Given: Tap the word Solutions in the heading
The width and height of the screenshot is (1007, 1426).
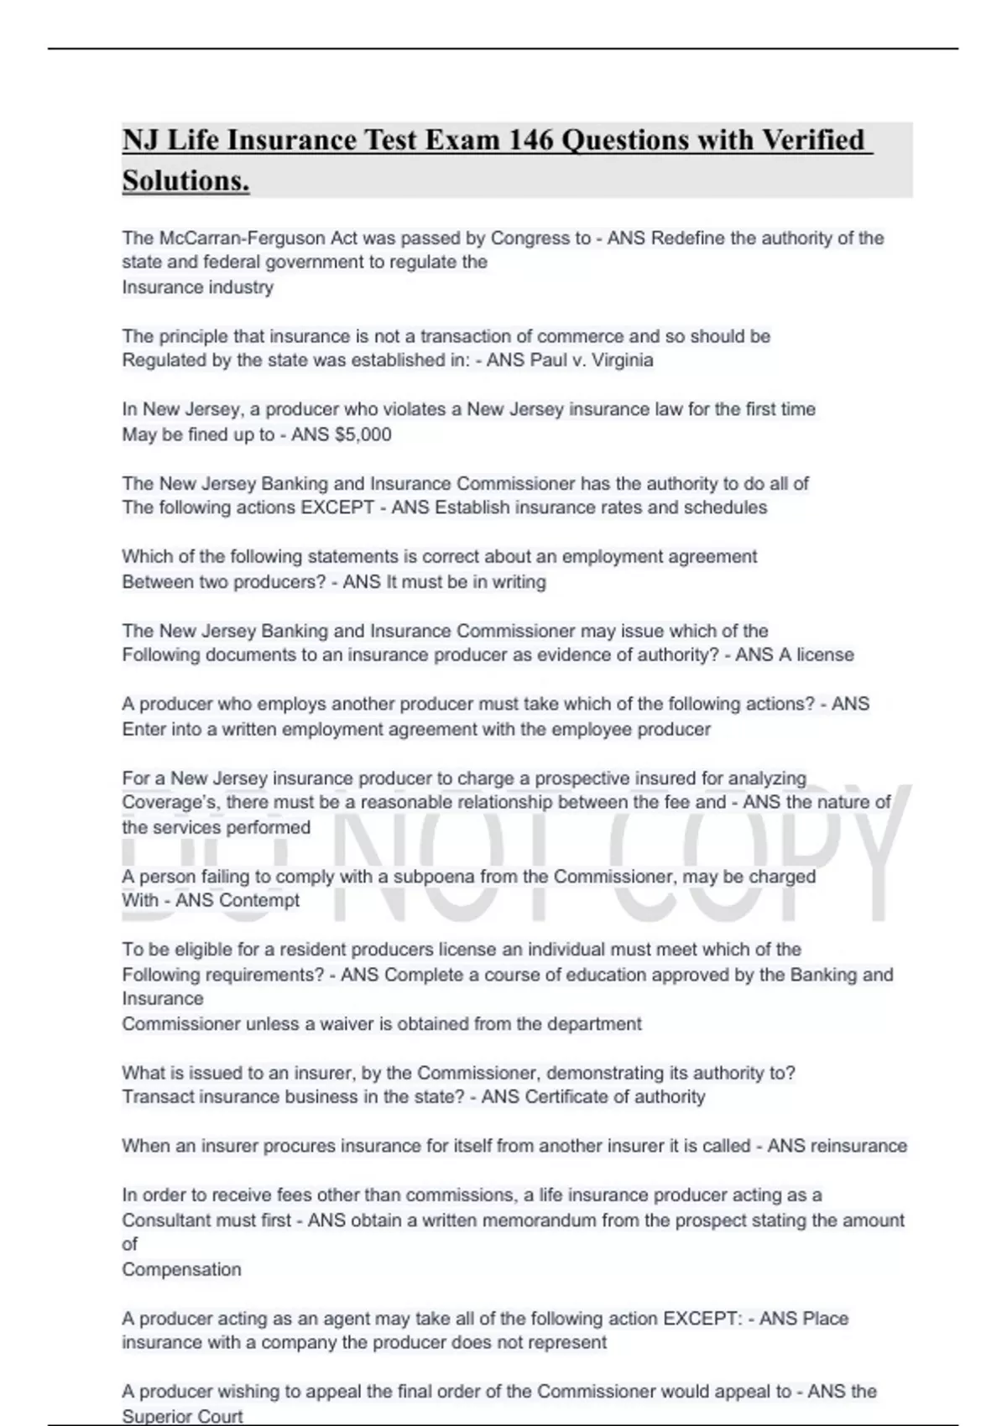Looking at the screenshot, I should tap(185, 180).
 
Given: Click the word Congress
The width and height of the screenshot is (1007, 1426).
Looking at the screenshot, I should tap(530, 238).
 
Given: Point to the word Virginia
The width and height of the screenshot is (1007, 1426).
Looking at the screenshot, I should tap(622, 361).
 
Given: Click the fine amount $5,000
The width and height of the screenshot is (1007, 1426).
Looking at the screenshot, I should tap(363, 435).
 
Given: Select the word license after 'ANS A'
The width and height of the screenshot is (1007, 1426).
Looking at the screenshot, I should tap(824, 655).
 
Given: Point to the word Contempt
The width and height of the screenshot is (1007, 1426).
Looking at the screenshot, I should tap(260, 901).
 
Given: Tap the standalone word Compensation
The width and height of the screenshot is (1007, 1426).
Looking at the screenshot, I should tap(181, 1270).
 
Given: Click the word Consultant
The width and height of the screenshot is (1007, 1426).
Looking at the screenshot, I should tap(165, 1220).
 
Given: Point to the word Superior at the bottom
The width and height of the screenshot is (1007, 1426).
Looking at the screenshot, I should tap(157, 1417).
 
